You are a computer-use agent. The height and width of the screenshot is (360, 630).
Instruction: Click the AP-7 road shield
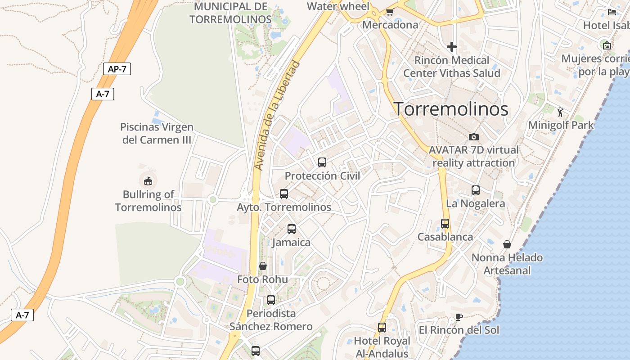coord(117,69)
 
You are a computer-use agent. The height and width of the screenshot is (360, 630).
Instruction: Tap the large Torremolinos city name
coord(451,109)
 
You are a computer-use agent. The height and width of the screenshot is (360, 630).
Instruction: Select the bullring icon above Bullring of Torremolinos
coord(148,181)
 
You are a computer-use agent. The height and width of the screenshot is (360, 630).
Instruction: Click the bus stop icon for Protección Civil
coord(322,162)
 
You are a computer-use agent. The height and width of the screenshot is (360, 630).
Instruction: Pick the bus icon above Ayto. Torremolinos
coord(284,194)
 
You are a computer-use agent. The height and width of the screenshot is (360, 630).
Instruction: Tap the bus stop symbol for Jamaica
coord(292,229)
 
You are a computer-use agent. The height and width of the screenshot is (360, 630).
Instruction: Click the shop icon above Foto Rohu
coord(263,266)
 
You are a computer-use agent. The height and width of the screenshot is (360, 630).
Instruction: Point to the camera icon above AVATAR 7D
coord(474,137)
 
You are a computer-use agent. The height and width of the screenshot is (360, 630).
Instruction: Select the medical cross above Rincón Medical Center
coord(452,47)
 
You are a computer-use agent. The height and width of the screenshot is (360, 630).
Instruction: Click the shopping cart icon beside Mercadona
coord(390,12)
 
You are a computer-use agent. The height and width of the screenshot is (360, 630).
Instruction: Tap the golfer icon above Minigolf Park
coord(560,112)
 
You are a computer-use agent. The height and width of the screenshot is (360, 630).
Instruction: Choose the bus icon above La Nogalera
coord(476,190)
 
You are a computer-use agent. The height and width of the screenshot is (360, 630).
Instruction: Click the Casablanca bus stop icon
coord(445,224)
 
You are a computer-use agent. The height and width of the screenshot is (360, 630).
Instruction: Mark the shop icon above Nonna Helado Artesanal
coord(507,244)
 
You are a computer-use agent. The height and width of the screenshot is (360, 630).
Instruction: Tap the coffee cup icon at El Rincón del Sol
coord(459,317)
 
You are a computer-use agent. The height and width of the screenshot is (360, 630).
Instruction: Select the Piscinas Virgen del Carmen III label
coord(157,134)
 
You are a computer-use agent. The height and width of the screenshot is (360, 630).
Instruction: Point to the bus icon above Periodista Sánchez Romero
coord(271,300)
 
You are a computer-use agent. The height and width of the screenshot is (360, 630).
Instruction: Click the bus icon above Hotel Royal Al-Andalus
coord(382,328)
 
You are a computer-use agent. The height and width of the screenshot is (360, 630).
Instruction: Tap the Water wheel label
coord(338,6)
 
